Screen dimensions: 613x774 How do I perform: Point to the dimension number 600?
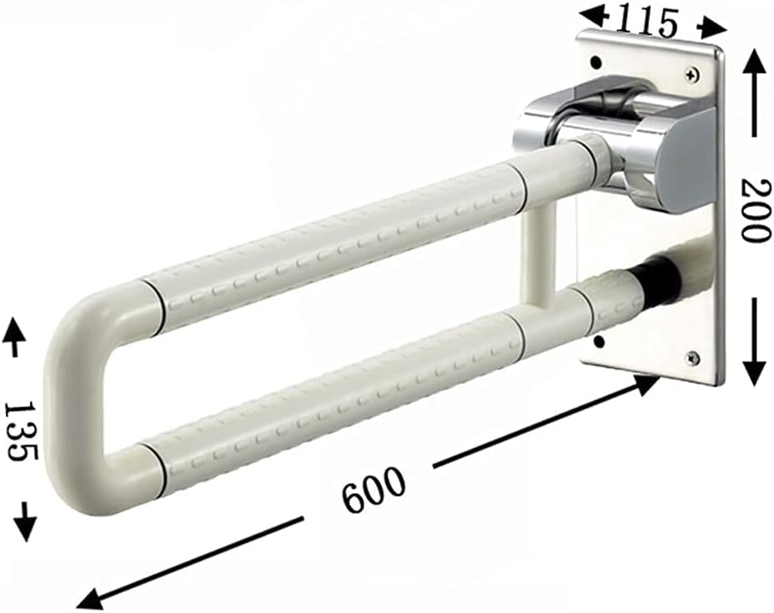click(373, 491)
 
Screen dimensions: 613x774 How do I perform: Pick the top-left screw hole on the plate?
click(596, 62)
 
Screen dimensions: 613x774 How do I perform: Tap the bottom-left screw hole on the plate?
click(598, 340)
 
